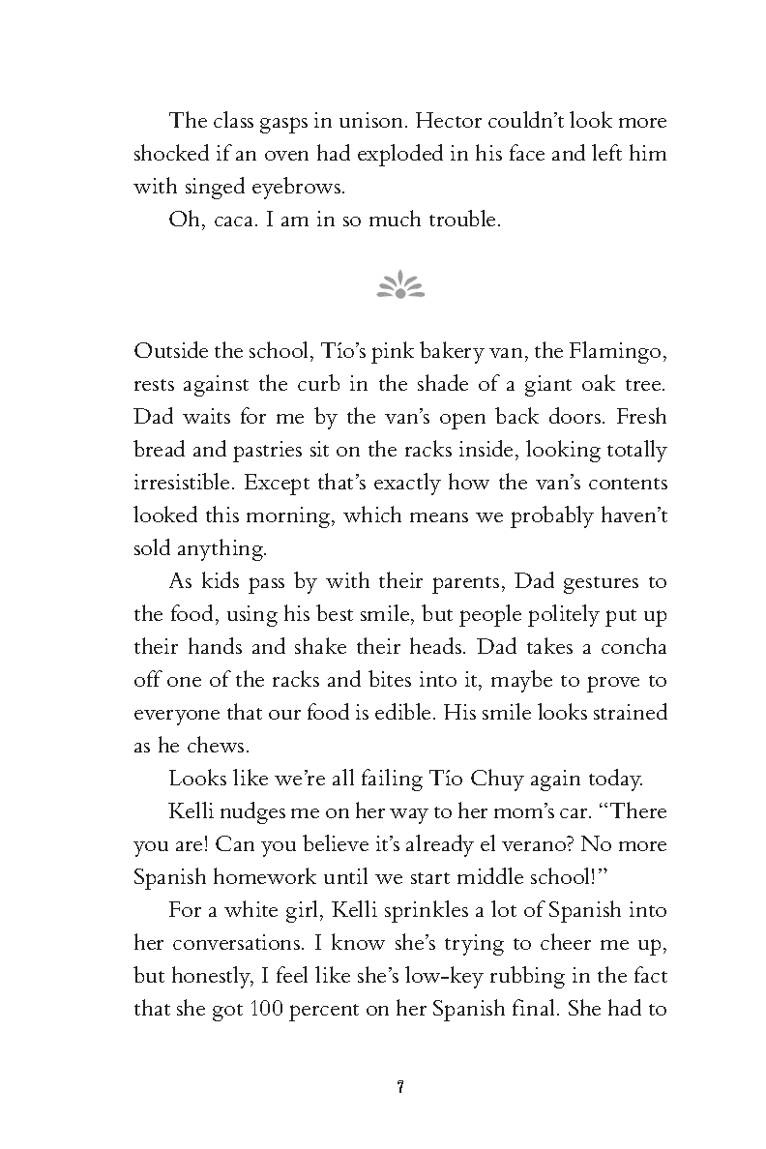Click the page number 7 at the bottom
(399, 1087)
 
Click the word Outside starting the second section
(166, 350)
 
